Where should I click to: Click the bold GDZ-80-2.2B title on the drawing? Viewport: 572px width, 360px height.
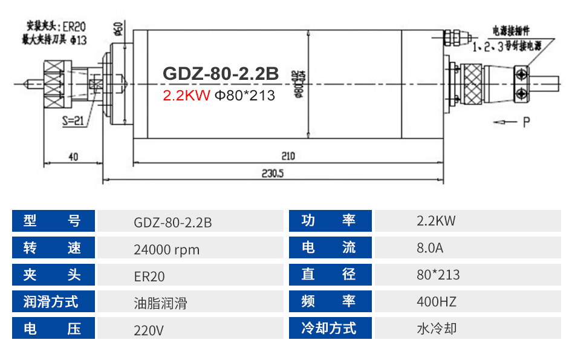(x=221, y=74)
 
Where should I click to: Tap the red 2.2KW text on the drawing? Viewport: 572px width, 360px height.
(x=186, y=95)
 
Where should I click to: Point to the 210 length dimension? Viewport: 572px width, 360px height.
(x=287, y=156)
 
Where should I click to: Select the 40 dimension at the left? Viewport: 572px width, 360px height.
(x=73, y=157)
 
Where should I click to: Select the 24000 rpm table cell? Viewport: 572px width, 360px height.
(x=166, y=249)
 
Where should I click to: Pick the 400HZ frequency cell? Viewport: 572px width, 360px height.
(x=436, y=301)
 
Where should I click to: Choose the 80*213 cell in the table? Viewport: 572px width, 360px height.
(x=438, y=275)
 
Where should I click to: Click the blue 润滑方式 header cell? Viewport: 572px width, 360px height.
(x=54, y=301)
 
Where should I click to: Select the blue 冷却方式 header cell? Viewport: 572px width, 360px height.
(x=330, y=329)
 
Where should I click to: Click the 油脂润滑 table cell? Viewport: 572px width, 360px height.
(x=160, y=302)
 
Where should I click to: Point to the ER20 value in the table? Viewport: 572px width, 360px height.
(x=149, y=276)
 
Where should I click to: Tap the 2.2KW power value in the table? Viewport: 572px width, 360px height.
(x=436, y=221)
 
